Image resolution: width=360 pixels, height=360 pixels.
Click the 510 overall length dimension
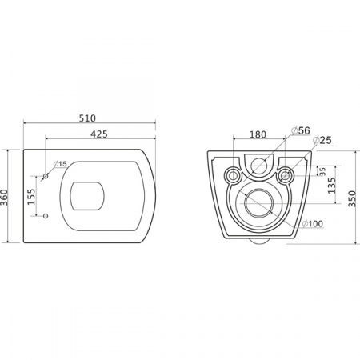[88, 117]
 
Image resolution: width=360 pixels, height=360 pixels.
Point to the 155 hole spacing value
[32, 196]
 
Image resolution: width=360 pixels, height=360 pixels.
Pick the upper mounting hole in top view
[46, 177]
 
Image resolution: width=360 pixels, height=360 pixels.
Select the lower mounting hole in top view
[46, 216]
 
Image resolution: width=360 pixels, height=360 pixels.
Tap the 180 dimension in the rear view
[258, 134]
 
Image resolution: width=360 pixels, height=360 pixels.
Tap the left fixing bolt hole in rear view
[233, 174]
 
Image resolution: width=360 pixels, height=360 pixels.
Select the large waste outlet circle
[258, 205]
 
